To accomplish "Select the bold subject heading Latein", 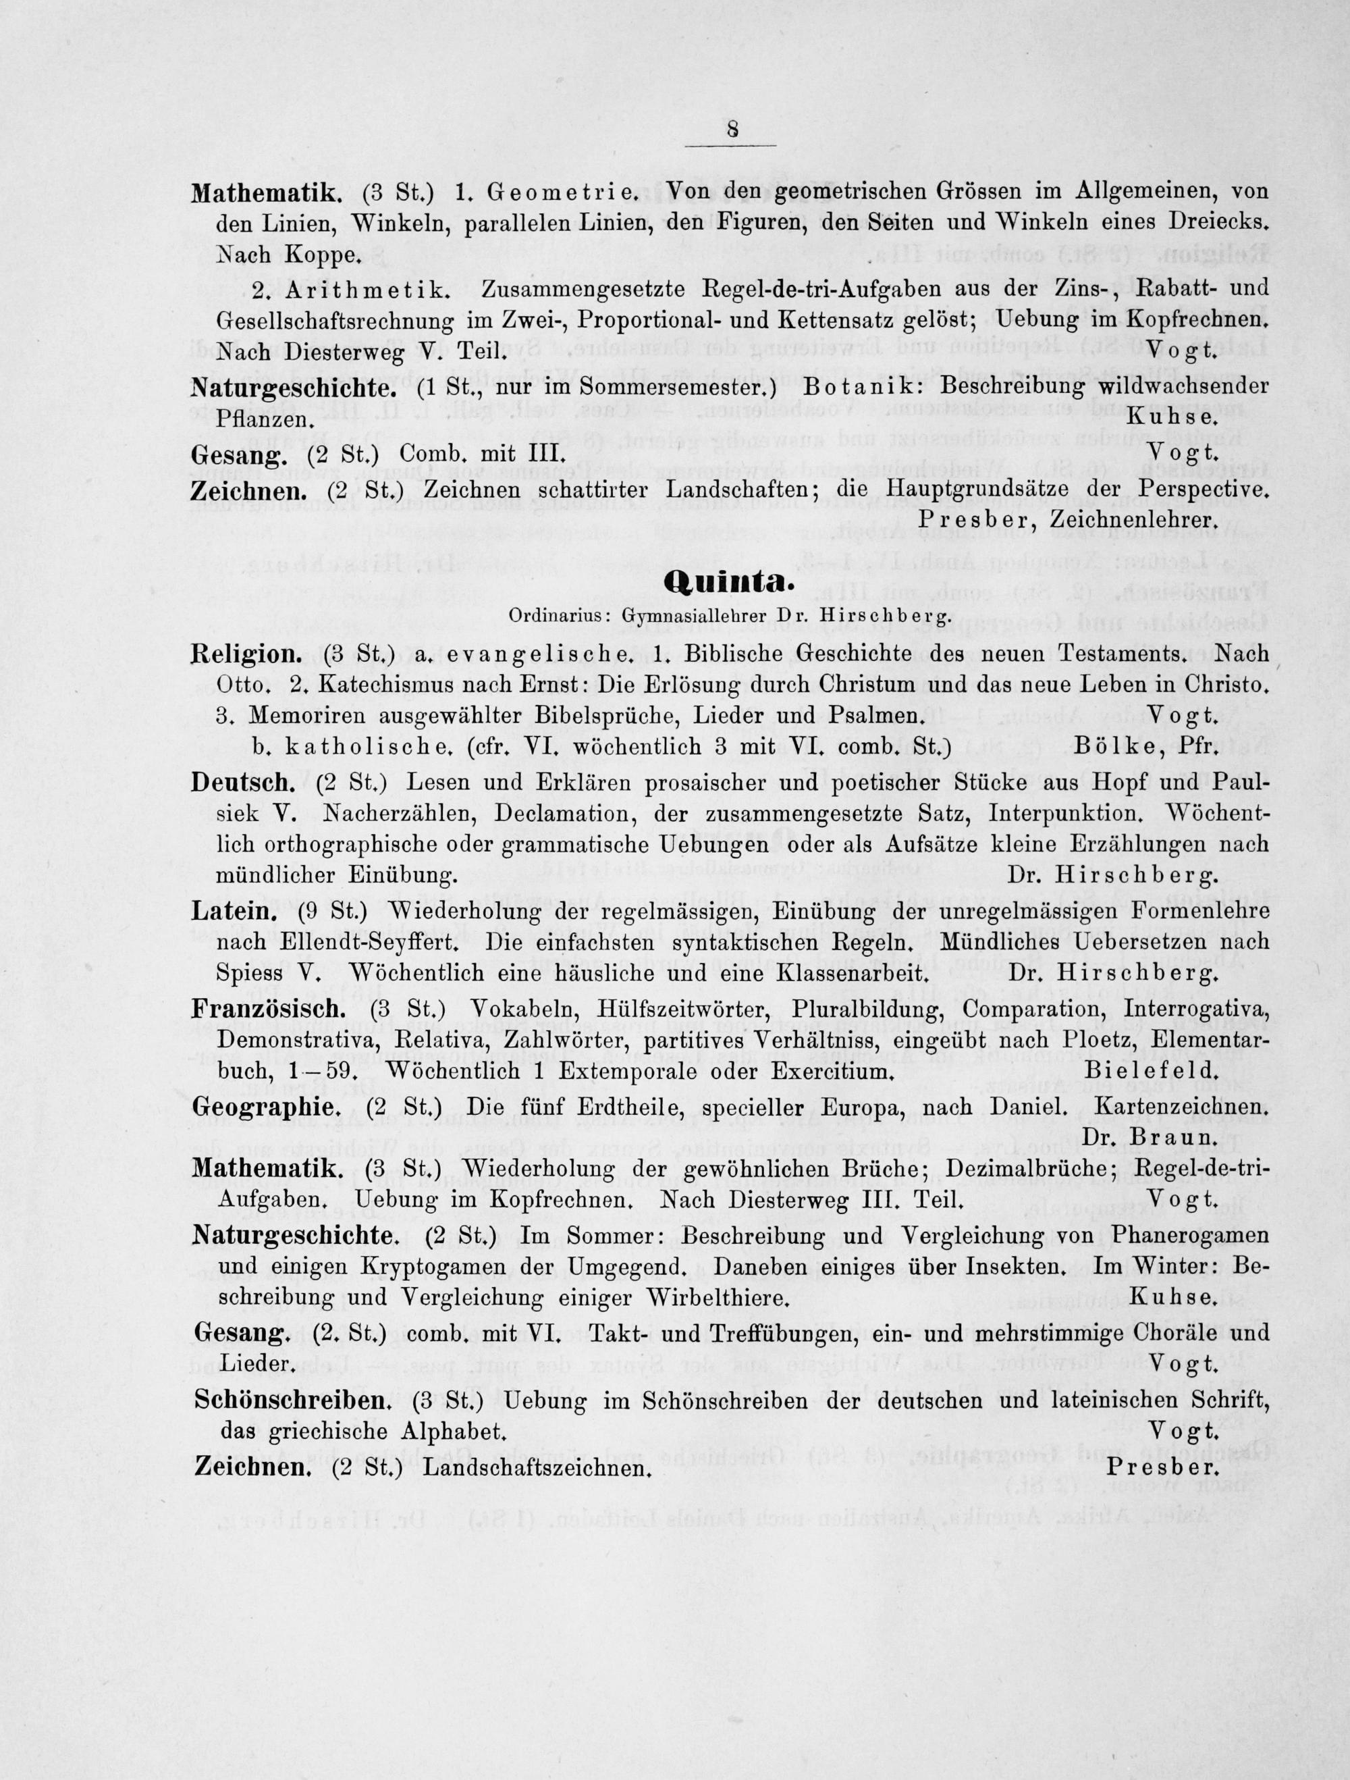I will pyautogui.click(x=234, y=912).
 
